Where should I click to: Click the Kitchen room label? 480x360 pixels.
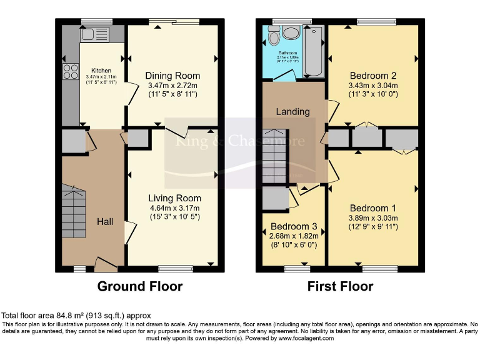(x=101, y=70)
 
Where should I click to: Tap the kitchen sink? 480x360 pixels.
(x=94, y=34)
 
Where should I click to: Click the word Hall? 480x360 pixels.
(x=105, y=221)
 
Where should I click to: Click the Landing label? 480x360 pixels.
(x=293, y=112)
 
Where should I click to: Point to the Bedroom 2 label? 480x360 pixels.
(x=374, y=74)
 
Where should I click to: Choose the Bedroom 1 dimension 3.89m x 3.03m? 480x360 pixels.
(x=373, y=217)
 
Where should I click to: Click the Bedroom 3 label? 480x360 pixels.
(x=294, y=226)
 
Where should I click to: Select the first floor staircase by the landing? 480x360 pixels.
(x=274, y=157)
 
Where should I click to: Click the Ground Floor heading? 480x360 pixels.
(x=140, y=286)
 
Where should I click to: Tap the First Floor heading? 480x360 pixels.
(x=340, y=286)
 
